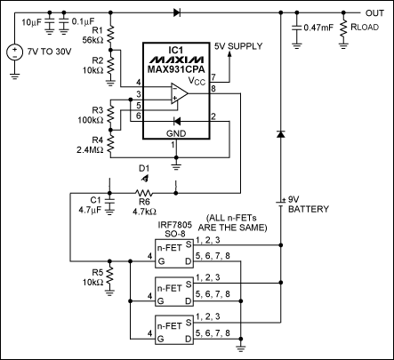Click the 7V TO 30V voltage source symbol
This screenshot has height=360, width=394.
[14, 52]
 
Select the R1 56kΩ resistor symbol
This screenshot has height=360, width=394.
[110, 35]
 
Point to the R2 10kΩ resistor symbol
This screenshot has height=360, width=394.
[110, 66]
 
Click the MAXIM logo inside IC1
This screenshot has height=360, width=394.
[176, 60]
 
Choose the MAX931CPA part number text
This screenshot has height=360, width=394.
[176, 69]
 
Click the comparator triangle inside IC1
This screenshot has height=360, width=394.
[179, 93]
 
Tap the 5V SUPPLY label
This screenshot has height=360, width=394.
[238, 46]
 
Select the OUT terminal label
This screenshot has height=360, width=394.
[374, 13]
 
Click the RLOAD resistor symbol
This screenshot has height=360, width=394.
[343, 28]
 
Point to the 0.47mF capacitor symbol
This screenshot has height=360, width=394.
[297, 28]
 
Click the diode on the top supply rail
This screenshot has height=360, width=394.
[177, 12]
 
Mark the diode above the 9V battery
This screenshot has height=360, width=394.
[280, 134]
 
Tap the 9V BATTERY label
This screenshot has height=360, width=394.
[309, 204]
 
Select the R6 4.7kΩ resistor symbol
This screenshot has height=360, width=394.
[144, 194]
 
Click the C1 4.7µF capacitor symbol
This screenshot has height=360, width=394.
[110, 200]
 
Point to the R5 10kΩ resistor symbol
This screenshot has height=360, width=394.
[110, 276]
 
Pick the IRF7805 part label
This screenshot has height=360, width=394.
[174, 224]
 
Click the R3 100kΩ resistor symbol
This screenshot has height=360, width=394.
[110, 115]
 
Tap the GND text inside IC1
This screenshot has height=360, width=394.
[176, 133]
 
